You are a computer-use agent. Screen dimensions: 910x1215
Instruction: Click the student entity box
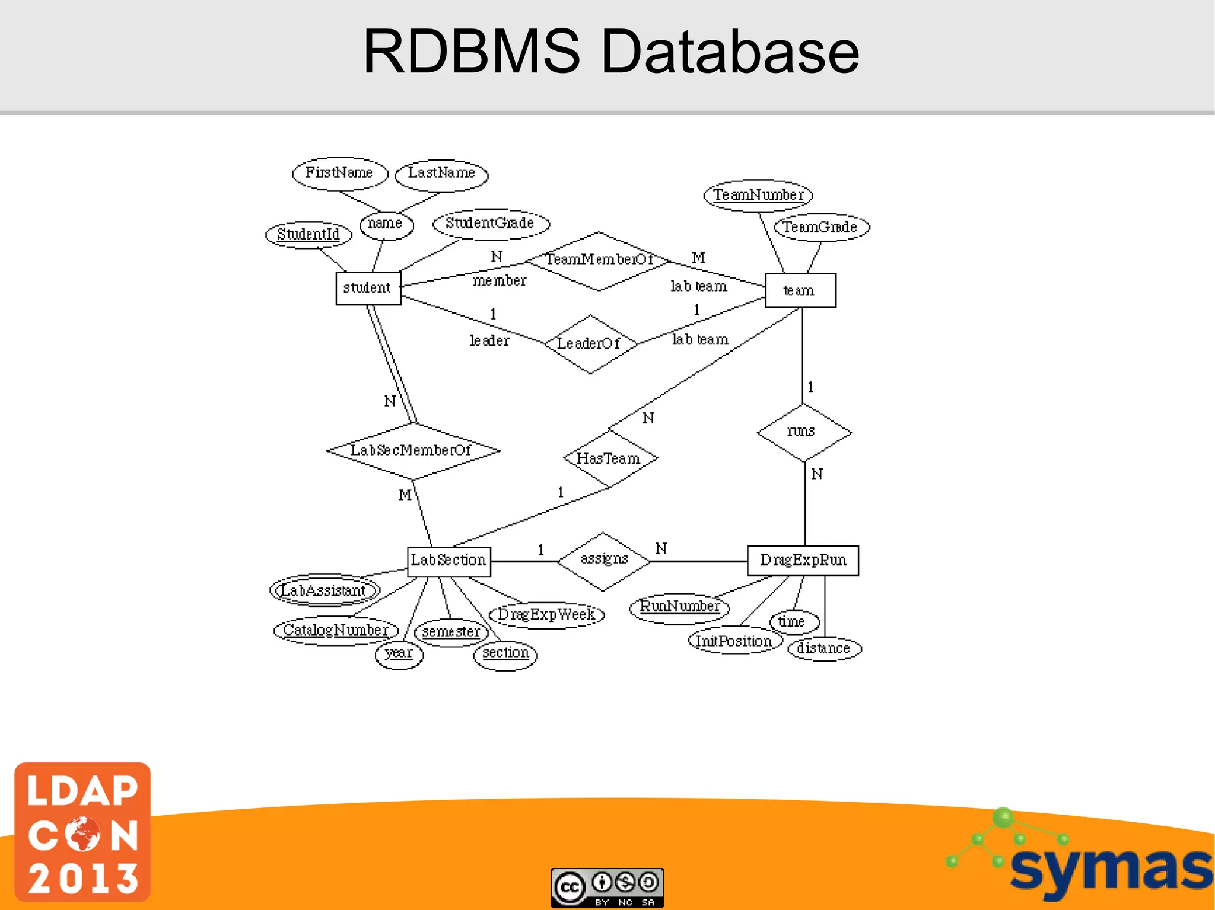click(x=368, y=288)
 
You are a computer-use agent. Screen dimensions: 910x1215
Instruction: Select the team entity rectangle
click(x=800, y=290)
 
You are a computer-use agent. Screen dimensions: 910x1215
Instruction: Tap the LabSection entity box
click(x=449, y=561)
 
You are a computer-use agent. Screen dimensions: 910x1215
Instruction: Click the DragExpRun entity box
click(x=802, y=560)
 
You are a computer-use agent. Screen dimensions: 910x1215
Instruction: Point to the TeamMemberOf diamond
click(x=598, y=261)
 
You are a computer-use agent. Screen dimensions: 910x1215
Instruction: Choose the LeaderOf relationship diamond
click(x=589, y=344)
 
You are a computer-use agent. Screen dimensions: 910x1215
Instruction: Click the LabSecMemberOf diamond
click(x=412, y=451)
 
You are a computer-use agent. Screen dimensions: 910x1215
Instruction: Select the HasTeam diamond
click(x=609, y=459)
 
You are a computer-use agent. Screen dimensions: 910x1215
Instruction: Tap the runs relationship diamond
click(x=803, y=432)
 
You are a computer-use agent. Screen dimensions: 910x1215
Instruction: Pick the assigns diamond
click(x=603, y=560)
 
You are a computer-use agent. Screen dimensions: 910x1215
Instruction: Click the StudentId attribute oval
click(x=308, y=235)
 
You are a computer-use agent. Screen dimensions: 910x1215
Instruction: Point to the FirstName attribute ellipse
click(x=339, y=173)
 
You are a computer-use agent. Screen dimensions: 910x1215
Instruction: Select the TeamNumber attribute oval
click(x=758, y=195)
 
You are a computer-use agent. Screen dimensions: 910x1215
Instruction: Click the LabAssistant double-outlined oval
click(x=325, y=590)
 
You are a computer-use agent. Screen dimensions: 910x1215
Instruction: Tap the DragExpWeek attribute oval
click(x=546, y=615)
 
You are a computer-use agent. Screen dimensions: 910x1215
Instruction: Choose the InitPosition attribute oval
click(x=734, y=641)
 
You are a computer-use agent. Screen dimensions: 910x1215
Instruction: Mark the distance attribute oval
click(x=824, y=649)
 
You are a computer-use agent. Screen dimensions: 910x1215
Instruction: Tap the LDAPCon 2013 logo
click(x=82, y=832)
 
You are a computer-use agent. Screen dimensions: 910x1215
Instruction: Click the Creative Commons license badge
click(x=607, y=887)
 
